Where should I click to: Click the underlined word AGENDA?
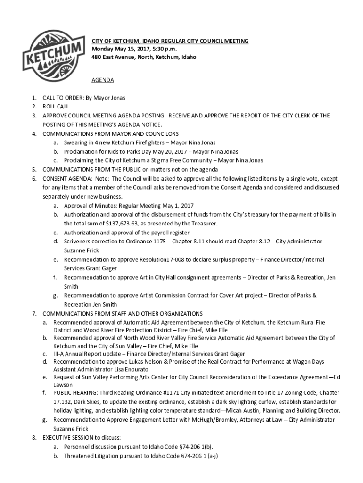click(102, 80)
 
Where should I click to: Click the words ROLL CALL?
click(56, 107)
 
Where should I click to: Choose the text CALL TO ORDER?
click(63, 98)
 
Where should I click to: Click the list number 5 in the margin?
click(34, 169)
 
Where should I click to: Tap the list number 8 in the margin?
click(34, 438)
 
